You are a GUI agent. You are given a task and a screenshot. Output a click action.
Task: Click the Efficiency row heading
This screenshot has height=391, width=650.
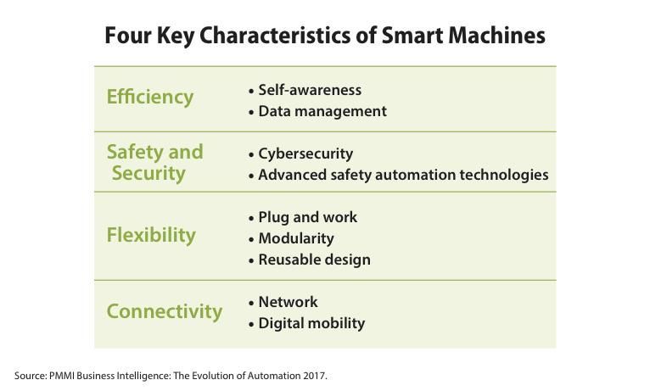150,97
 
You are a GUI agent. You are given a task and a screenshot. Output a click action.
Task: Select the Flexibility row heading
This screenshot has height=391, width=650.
151,235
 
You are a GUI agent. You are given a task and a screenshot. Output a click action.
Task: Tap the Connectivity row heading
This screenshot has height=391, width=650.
165,311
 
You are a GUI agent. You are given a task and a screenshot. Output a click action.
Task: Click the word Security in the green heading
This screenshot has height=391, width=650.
148,173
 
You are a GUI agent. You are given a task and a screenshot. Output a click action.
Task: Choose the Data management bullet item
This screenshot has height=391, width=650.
322,111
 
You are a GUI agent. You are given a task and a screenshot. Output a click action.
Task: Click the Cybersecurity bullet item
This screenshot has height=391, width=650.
305,154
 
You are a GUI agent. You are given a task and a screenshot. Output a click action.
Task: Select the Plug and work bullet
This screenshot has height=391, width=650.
307,217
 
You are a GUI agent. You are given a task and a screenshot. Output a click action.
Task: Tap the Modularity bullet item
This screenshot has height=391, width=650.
296,238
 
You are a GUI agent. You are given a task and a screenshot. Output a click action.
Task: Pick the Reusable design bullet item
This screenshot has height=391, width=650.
314,260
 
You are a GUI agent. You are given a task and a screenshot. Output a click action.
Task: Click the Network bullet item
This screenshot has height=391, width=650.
288,302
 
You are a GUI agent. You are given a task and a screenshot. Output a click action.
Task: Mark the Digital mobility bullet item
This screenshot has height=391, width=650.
311,323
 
